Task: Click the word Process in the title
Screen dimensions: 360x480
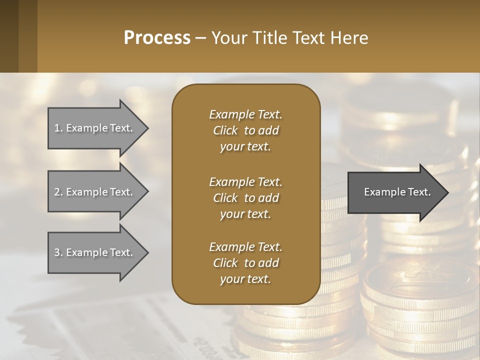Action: pos(157,37)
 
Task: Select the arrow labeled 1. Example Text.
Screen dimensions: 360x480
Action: pos(95,128)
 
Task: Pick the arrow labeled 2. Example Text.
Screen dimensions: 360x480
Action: pos(95,192)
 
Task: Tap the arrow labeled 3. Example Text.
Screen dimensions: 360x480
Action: pos(95,252)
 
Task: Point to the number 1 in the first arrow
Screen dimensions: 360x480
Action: pos(57,128)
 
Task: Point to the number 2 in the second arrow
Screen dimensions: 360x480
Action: pos(57,192)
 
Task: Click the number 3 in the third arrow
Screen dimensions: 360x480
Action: pos(57,252)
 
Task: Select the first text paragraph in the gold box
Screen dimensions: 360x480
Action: pos(245,130)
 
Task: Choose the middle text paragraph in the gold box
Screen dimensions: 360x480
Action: pos(245,198)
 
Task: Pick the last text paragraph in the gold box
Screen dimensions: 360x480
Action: pos(245,263)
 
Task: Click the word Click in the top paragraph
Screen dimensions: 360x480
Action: pos(225,130)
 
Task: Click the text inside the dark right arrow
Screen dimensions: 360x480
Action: pos(397,192)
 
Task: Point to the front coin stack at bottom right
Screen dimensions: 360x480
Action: pos(420,310)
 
